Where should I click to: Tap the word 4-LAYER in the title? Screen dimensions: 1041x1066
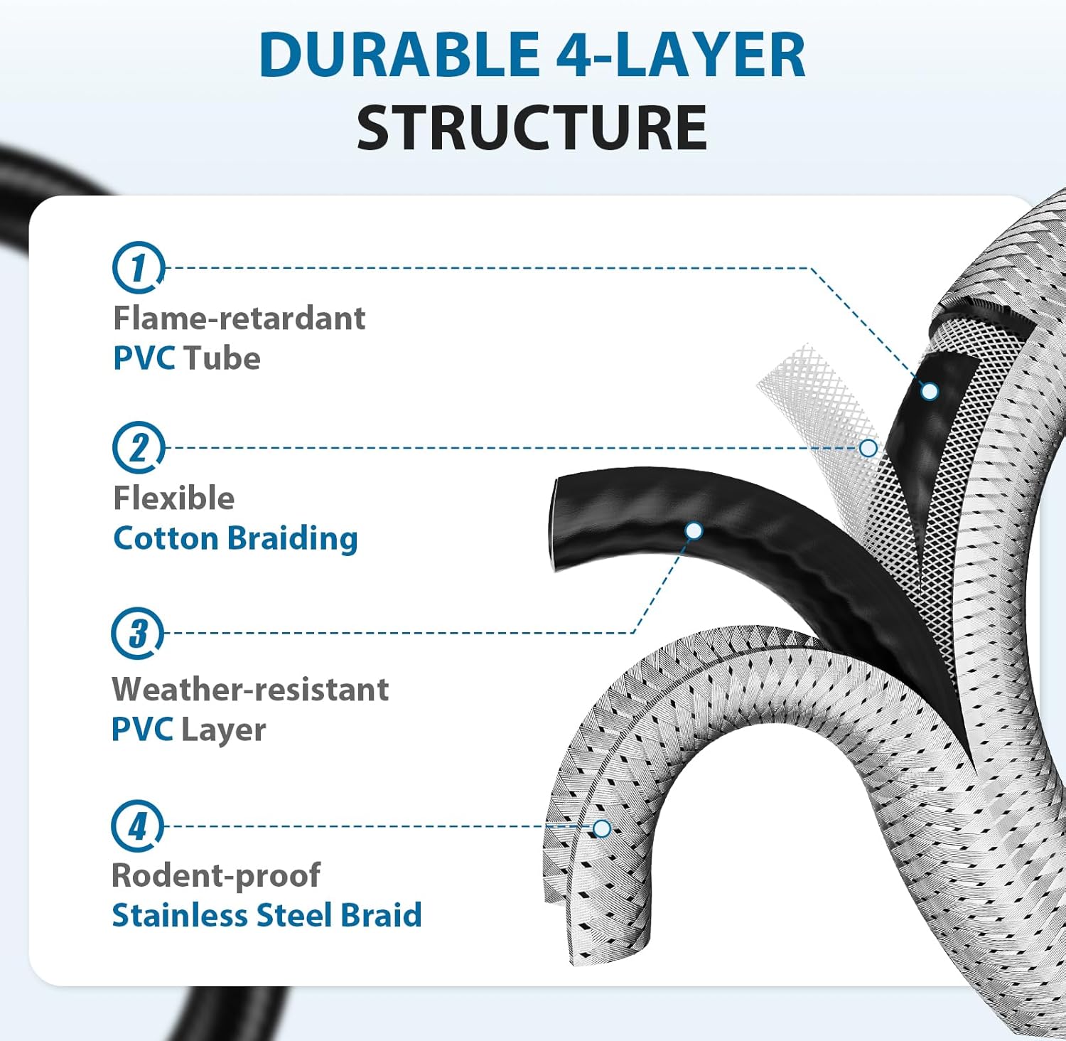(680, 55)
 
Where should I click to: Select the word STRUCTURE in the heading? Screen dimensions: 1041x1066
(532, 128)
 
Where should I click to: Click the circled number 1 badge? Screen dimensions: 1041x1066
(138, 267)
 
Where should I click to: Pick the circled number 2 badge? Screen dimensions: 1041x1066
(138, 447)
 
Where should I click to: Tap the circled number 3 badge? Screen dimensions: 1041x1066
(137, 633)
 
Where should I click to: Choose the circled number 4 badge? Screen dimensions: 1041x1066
(137, 826)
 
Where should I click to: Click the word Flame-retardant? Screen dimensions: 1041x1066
(239, 318)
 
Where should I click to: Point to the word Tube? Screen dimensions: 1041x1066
(222, 358)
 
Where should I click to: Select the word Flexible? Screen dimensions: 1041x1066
(173, 498)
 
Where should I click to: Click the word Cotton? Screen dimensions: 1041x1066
(166, 538)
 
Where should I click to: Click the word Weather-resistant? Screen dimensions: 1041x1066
(250, 689)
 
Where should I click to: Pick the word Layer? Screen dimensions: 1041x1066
(223, 730)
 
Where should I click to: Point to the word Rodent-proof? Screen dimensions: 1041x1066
(216, 875)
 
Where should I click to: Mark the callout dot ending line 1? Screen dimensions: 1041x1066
(930, 391)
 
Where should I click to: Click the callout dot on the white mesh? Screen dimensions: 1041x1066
(868, 448)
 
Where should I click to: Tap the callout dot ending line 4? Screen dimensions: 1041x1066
(602, 828)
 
